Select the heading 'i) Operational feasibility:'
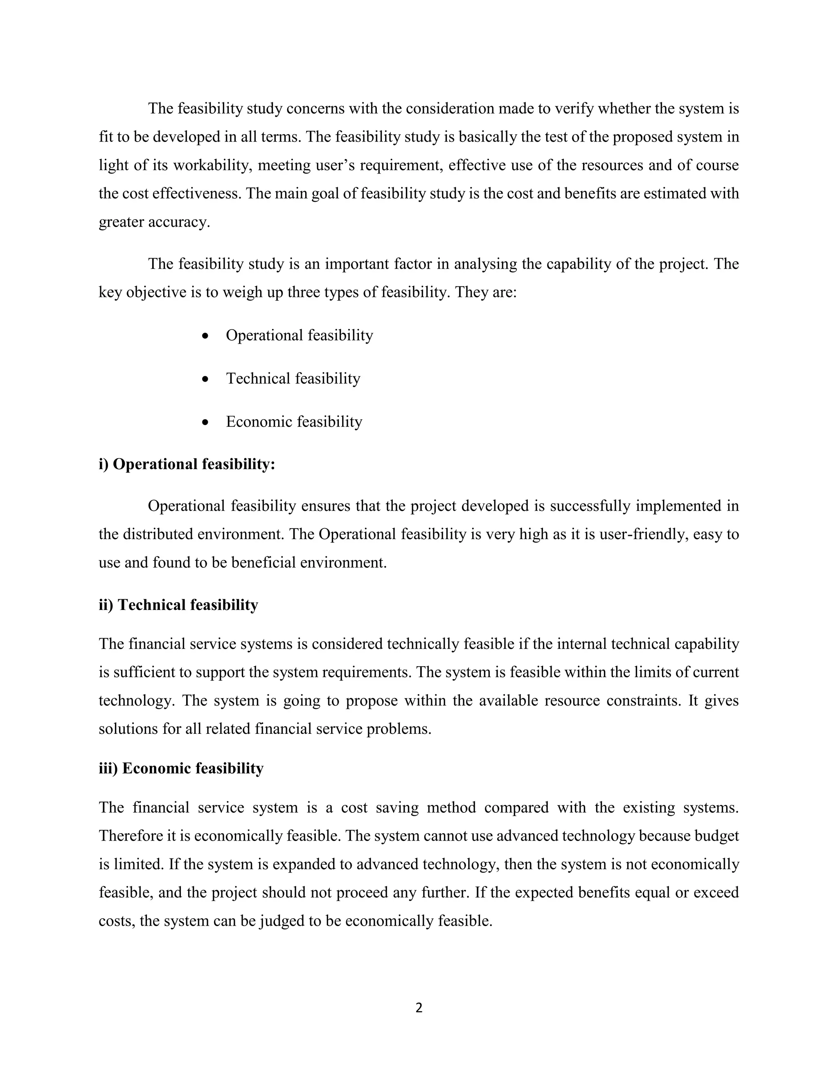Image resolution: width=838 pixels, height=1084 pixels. click(187, 464)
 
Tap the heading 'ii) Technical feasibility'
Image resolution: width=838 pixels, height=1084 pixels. click(178, 605)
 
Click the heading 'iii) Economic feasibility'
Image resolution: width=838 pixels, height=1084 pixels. click(181, 768)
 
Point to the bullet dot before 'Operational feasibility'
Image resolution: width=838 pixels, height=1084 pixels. click(205, 336)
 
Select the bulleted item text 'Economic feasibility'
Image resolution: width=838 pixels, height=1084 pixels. click(294, 422)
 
